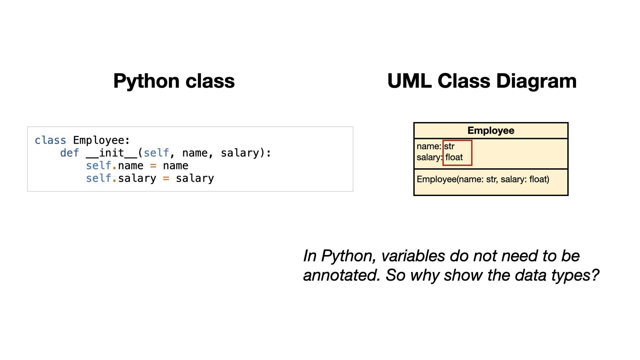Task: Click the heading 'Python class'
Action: point(174,81)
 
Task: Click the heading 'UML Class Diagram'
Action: point(482,81)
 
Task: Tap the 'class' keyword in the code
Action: point(50,140)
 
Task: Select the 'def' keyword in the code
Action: point(70,153)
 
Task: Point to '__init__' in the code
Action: point(112,153)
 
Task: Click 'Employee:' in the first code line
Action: point(102,140)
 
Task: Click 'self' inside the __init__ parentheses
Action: point(156,153)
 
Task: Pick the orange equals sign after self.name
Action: point(153,166)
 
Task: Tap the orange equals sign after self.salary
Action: point(166,178)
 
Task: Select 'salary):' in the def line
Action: point(246,153)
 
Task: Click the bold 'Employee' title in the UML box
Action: point(491,130)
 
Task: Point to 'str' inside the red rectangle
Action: point(449,146)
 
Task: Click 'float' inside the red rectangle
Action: point(454,157)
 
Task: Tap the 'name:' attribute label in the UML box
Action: point(429,146)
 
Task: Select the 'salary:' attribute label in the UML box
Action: point(430,157)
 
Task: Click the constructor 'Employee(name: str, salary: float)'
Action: point(483,179)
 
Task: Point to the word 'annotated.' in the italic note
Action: point(342,275)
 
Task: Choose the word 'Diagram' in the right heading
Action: point(537,81)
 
